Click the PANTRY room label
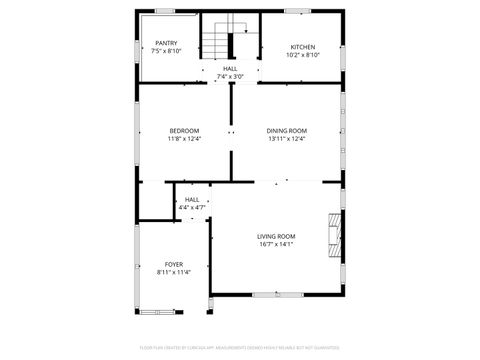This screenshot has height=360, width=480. click(166, 44)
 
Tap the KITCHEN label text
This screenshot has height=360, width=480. click(303, 47)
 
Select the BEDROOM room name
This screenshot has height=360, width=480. click(184, 131)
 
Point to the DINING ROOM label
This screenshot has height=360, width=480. click(287, 131)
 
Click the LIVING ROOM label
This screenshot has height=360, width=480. click(276, 235)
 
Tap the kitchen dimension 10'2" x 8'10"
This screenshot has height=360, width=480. click(303, 56)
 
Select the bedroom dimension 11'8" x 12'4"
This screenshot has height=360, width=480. click(184, 139)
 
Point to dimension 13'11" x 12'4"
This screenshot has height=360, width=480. click(287, 139)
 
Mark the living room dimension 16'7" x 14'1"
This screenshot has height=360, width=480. click(276, 243)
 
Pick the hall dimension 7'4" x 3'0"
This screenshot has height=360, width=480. click(230, 76)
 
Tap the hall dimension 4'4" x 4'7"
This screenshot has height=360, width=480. click(192, 207)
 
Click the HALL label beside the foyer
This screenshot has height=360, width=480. click(192, 199)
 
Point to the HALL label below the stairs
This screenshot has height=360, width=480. click(230, 68)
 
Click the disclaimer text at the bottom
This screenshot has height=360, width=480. click(240, 348)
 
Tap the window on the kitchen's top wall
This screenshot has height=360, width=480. click(297, 12)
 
